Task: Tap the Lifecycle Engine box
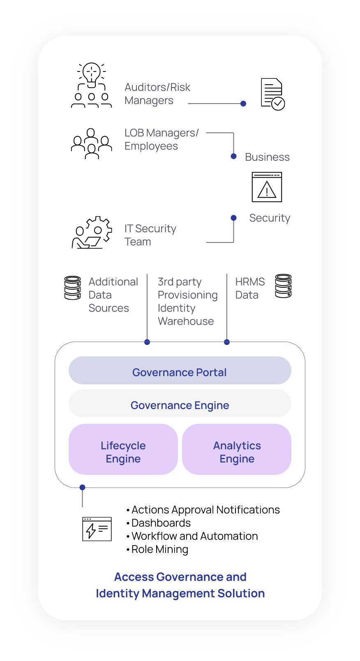click(x=123, y=449)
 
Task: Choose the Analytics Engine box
click(x=237, y=449)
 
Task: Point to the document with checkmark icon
click(x=272, y=94)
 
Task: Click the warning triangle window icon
click(x=267, y=187)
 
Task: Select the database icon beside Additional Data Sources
click(x=73, y=288)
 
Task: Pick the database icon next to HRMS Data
click(x=283, y=286)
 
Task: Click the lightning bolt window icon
click(x=97, y=529)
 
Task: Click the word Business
click(x=267, y=157)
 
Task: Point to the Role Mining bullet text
click(x=159, y=549)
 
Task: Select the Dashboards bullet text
click(x=161, y=523)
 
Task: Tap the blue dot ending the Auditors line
click(x=243, y=104)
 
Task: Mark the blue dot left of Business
click(x=233, y=156)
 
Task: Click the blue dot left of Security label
click(x=233, y=218)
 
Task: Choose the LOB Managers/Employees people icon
click(x=92, y=143)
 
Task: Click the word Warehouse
click(x=186, y=321)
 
